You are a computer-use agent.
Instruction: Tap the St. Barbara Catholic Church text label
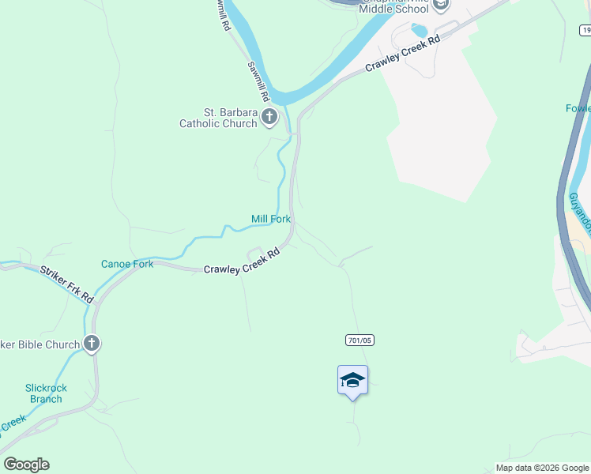(x=218, y=118)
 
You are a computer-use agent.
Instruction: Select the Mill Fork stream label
(x=271, y=219)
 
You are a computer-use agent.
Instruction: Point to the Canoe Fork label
(x=127, y=264)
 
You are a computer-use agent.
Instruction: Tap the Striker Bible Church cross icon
(x=92, y=344)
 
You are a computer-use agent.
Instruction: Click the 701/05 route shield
(x=359, y=340)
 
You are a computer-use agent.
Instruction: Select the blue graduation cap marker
(x=352, y=381)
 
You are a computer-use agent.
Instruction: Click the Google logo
(x=26, y=465)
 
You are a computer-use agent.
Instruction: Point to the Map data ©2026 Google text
(x=542, y=468)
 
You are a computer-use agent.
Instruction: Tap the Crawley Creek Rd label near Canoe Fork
(x=242, y=262)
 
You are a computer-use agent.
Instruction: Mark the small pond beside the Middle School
(x=419, y=31)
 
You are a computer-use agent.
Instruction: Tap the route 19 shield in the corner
(x=585, y=30)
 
